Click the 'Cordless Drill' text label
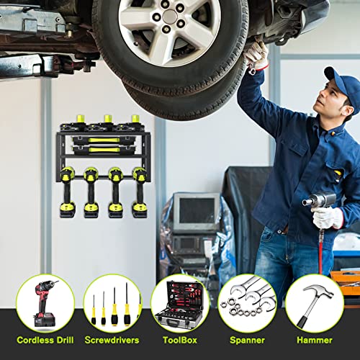(45, 340)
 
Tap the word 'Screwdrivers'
(112, 340)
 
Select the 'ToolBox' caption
(180, 340)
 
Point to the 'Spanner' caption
(247, 340)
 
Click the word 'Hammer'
(315, 340)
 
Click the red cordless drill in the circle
(45, 304)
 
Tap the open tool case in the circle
(179, 305)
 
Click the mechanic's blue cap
(343, 86)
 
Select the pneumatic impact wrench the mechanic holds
(319, 199)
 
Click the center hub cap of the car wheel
(170, 17)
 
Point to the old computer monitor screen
(197, 210)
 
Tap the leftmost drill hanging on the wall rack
(67, 192)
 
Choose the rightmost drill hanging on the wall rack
(140, 192)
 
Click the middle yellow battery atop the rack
(108, 118)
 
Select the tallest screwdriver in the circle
(127, 304)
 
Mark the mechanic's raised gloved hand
(256, 54)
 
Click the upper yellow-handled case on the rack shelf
(104, 140)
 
